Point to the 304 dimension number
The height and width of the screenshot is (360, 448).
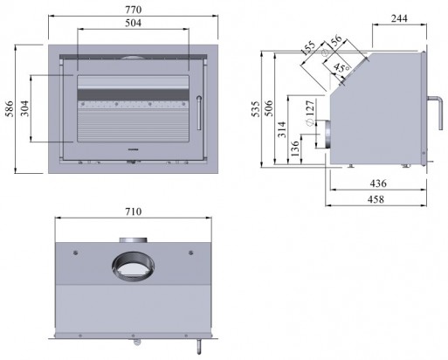[24, 107]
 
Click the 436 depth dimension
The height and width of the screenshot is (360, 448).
[377, 183]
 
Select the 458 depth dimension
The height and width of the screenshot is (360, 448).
[377, 198]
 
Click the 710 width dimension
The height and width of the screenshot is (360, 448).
[132, 212]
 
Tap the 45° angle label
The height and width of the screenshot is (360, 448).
[342, 67]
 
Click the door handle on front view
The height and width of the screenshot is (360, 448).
[199, 113]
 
